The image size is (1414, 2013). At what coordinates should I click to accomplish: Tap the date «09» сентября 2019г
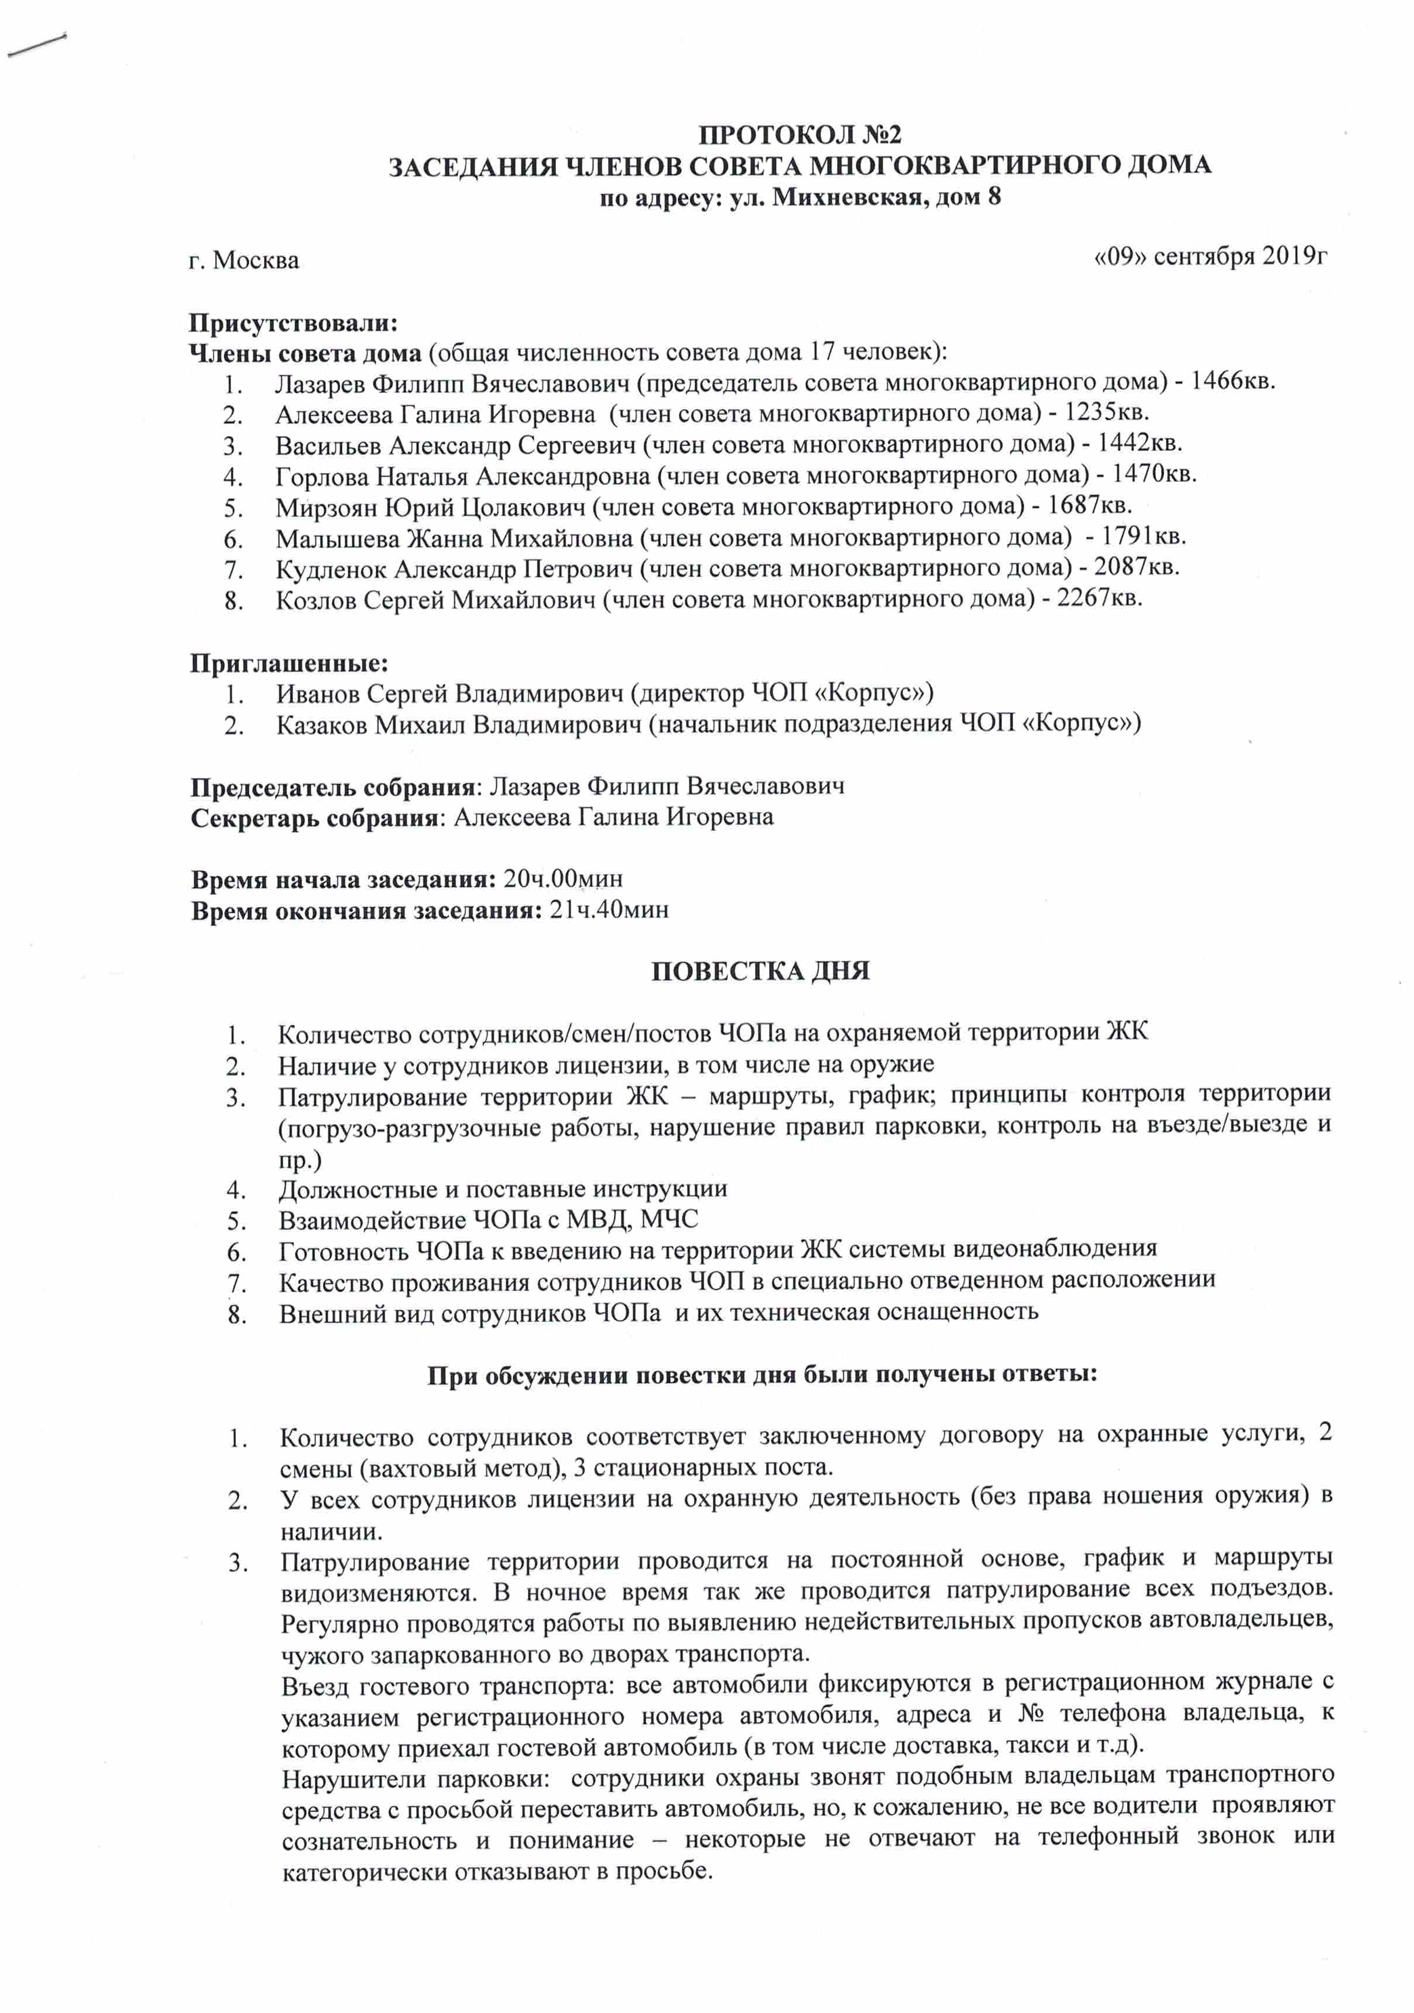click(1211, 256)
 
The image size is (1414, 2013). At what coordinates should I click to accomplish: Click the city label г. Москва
click(243, 261)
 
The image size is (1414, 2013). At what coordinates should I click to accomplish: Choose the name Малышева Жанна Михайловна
click(453, 538)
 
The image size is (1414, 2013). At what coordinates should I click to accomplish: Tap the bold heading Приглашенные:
click(289, 663)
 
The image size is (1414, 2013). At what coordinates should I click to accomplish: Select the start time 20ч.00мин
click(564, 878)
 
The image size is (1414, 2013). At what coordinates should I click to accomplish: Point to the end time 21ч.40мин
click(608, 909)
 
